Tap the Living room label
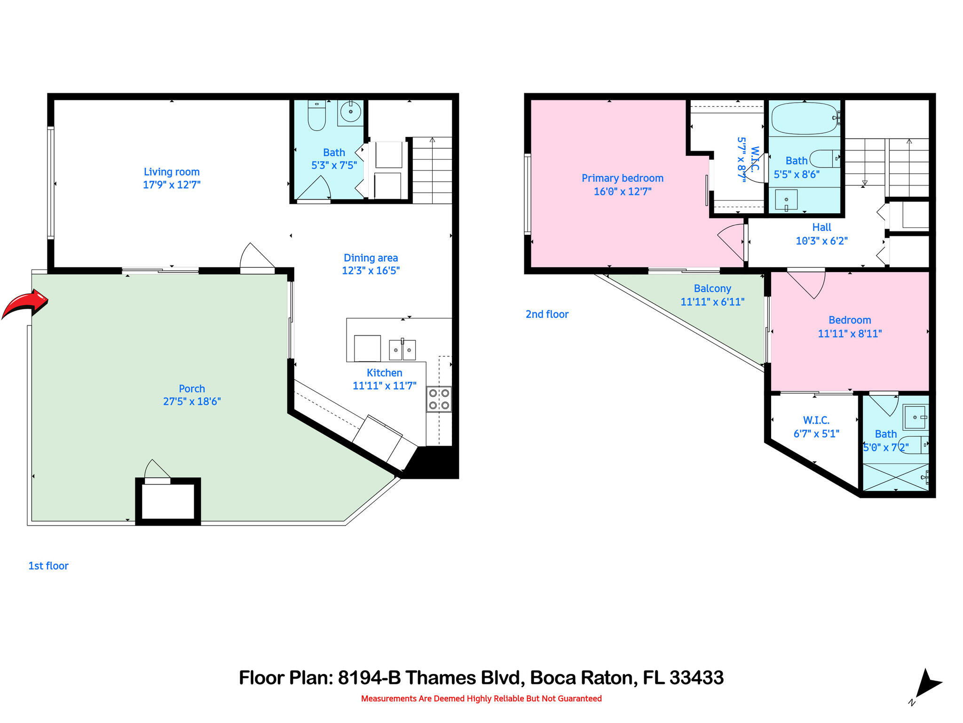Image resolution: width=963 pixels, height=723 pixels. coord(172,172)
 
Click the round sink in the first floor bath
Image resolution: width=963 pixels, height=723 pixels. coord(350,112)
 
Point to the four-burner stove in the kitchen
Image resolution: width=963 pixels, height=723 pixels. coord(439,399)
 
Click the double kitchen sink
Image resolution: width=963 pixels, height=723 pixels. coord(402,350)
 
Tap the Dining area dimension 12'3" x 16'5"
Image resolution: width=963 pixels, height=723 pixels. coord(371,271)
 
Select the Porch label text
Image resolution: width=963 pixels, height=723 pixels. coord(192,389)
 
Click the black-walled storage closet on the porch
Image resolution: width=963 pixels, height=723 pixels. coord(168,502)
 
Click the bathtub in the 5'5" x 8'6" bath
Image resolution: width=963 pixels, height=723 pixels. coord(804,119)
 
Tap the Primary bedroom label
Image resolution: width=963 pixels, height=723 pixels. coord(622,178)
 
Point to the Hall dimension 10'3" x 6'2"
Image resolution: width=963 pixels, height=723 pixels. coord(821,241)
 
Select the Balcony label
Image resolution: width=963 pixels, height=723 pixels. coord(712,289)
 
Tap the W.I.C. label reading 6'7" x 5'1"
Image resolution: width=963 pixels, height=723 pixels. coord(816,434)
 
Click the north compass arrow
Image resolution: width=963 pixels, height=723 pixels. coord(926,684)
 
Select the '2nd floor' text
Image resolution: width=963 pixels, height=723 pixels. coord(547,314)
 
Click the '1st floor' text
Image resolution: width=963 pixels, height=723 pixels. coord(48,566)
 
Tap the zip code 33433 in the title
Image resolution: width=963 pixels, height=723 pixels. coord(696,678)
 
